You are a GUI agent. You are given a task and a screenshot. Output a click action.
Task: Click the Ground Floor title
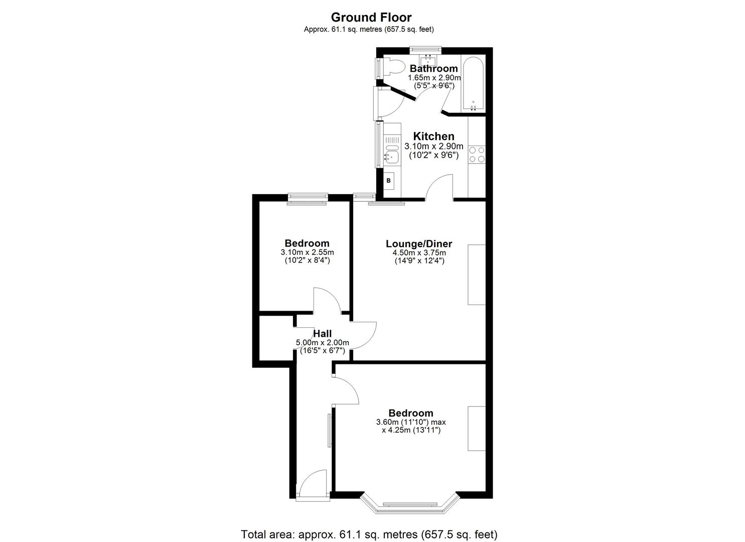[371, 18]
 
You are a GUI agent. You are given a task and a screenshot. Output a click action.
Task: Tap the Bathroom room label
[433, 68]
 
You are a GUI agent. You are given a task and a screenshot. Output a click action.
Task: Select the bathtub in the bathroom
[473, 84]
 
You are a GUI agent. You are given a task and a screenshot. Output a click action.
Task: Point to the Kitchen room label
[433, 136]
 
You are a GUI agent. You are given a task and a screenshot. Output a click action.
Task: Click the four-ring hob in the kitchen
[477, 154]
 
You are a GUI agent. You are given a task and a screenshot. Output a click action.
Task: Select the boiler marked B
[388, 180]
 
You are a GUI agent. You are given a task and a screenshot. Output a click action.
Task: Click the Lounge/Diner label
[419, 244]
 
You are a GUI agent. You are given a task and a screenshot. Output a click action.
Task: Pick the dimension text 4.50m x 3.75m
[419, 253]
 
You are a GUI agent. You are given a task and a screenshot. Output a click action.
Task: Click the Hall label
[322, 333]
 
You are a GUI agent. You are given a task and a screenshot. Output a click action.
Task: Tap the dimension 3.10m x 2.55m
[308, 252]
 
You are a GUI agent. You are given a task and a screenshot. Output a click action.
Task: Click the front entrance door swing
[313, 483]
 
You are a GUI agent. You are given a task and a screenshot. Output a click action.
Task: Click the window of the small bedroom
[308, 199]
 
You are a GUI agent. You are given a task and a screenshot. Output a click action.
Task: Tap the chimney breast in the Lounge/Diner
[477, 275]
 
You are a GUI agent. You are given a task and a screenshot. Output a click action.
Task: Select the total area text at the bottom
[369, 534]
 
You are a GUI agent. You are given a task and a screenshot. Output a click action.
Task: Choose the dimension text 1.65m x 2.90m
[434, 78]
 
